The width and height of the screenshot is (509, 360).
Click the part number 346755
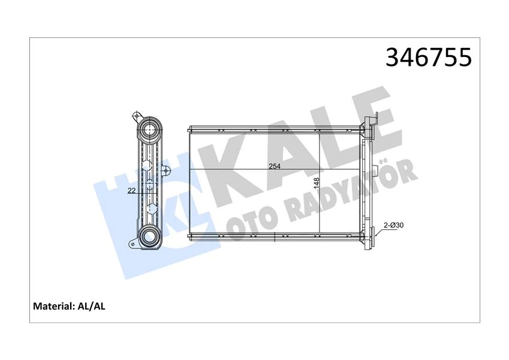tap(428, 58)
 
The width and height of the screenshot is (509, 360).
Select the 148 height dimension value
tap(316, 182)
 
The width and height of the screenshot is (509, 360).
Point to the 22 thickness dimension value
tap(131, 191)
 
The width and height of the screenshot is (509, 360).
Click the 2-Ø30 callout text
tap(393, 225)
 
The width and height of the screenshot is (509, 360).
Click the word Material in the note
tap(52, 306)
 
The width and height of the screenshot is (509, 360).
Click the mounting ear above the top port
tap(137, 115)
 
